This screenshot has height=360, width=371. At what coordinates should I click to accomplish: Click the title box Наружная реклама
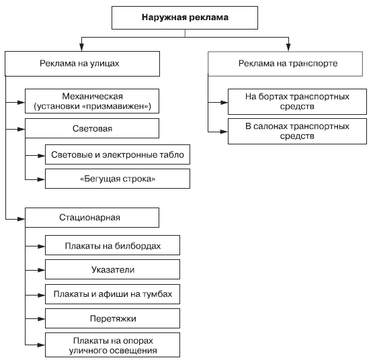(x=185, y=17)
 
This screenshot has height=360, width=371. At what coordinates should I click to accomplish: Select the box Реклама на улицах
(x=83, y=64)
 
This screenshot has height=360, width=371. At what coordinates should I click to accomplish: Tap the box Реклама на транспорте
(x=285, y=64)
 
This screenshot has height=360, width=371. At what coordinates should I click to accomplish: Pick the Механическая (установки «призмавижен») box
(x=92, y=101)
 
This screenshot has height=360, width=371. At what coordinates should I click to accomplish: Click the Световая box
(x=92, y=128)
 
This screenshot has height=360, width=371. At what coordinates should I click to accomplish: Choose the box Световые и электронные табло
(x=118, y=154)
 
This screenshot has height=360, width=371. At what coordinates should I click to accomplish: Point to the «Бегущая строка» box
(x=118, y=179)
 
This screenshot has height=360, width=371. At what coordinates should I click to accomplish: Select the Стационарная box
(x=92, y=218)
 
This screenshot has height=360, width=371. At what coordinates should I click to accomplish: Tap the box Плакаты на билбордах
(x=112, y=245)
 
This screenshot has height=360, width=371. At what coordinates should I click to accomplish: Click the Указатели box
(x=112, y=269)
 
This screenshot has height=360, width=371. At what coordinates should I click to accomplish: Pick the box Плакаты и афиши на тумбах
(x=112, y=294)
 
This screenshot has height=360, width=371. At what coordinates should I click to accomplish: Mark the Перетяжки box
(x=112, y=318)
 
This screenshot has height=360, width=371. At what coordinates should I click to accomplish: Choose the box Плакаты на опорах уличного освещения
(x=112, y=345)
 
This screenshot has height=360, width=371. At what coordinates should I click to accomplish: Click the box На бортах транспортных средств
(x=297, y=101)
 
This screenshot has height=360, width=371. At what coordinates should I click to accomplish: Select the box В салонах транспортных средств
(x=297, y=131)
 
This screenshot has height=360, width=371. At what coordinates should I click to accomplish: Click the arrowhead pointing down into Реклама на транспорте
(x=288, y=47)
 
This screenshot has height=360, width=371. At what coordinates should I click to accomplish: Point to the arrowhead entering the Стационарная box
(x=22, y=219)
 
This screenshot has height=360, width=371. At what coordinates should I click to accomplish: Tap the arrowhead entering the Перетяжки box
(x=42, y=319)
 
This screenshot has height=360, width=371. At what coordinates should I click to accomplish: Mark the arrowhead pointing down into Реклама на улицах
(x=81, y=47)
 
